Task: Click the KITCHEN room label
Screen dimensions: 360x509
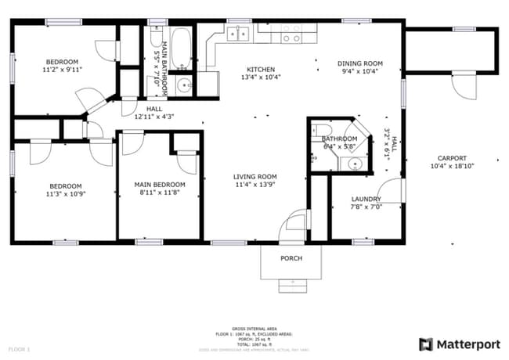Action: [x=261, y=69]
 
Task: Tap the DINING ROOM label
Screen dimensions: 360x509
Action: [x=359, y=63]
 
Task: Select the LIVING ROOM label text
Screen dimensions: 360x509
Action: [x=256, y=177]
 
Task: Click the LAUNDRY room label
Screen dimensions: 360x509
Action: [x=366, y=200]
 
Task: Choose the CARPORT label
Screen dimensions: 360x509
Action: [x=452, y=157]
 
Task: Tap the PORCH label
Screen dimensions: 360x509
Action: [x=291, y=258]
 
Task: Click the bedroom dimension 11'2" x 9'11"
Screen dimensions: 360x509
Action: [x=63, y=70]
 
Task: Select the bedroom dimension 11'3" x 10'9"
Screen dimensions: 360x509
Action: [x=67, y=193]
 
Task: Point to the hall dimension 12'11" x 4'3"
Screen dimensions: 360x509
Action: [x=153, y=117]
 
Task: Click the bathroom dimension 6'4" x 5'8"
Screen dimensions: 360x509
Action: [x=338, y=146]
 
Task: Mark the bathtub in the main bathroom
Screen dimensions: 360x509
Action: [x=180, y=48]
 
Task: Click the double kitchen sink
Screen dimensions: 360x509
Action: [x=238, y=34]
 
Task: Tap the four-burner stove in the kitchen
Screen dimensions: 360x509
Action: [x=291, y=34]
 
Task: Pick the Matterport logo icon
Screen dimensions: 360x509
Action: [x=427, y=344]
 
